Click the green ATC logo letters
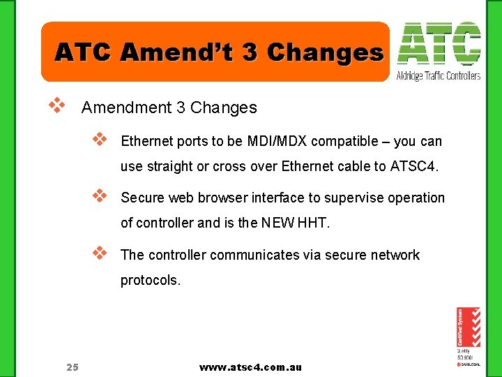(439, 45)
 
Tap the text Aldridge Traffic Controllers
(439, 75)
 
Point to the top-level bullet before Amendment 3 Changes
(56, 106)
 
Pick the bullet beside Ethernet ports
(100, 140)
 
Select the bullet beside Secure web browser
(100, 195)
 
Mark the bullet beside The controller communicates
(100, 253)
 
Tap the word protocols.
(150, 281)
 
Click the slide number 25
(73, 367)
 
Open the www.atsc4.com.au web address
(250, 367)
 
